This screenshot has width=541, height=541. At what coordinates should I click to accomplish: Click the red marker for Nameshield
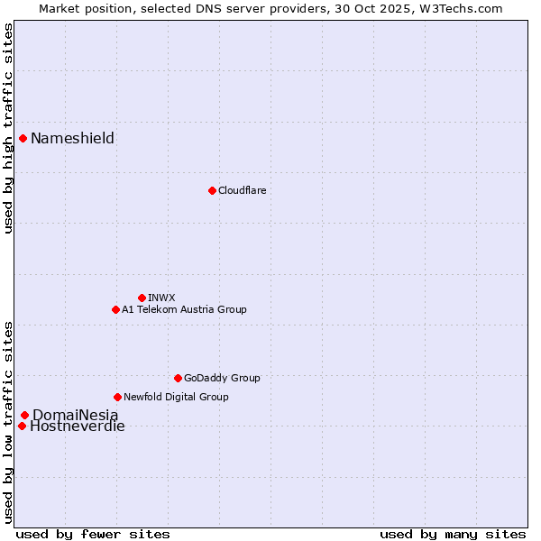23,138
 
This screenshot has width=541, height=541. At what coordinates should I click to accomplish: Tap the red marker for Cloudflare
212,190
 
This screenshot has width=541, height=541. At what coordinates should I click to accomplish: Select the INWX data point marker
142,298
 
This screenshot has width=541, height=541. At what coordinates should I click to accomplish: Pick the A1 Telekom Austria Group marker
115,309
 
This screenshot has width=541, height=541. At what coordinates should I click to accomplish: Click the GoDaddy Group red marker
178,378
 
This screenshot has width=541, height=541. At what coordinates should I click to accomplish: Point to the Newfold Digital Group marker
117,397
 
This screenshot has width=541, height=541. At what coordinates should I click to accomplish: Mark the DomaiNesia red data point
24,415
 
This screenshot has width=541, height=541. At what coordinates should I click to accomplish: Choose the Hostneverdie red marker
22,426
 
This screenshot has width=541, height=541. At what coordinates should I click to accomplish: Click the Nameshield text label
72,138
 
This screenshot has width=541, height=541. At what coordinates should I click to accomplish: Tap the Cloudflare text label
242,190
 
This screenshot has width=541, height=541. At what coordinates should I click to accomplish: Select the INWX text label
161,298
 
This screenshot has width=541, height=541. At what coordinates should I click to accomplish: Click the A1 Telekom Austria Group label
184,309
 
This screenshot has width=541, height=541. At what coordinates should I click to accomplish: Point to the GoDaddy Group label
222,378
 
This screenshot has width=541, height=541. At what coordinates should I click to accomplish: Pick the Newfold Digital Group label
176,397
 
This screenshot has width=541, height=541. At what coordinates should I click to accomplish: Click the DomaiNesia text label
75,415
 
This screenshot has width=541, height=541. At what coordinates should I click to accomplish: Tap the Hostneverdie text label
78,426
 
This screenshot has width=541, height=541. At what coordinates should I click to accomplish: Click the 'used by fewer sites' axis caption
93,534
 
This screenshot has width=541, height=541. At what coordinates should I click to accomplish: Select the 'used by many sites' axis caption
453,534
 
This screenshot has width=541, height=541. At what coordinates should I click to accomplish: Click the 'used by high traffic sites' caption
8,128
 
